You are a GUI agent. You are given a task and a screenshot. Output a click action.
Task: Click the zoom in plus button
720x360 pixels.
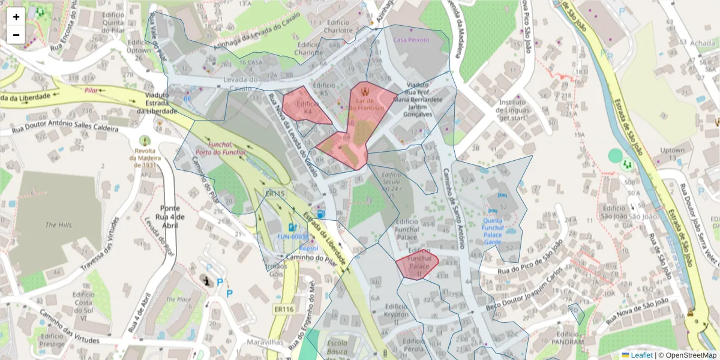tap(16, 17)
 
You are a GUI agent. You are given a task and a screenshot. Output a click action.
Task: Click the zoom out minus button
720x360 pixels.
tap(16, 35)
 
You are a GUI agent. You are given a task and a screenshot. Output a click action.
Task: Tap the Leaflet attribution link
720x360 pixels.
tap(641, 355)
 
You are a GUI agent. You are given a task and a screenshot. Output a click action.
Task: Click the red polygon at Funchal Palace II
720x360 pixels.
tap(417, 264)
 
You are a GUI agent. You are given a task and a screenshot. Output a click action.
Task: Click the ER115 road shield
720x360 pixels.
tap(275, 194)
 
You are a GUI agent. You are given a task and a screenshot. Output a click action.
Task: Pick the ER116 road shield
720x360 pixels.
tap(283, 309)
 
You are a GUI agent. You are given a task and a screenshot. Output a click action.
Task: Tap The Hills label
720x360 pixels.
tap(59, 225)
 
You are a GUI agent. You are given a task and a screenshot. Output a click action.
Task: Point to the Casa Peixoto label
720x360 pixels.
tap(411, 40)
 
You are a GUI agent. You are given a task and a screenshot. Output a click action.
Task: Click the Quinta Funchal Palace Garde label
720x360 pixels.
tap(493, 231)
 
